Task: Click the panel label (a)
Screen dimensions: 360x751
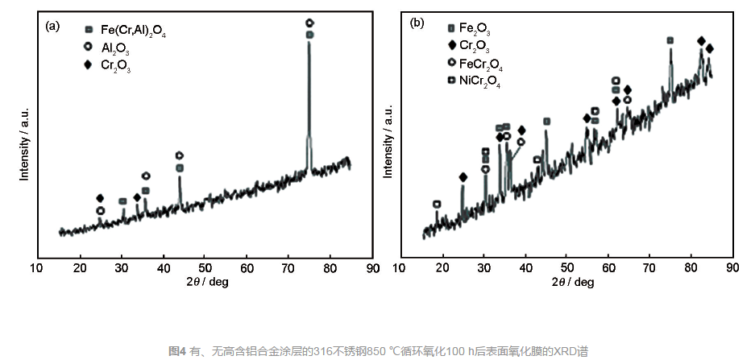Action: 52,25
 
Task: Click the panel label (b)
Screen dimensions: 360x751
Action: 417,22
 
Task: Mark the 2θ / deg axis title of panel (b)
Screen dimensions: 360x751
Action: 573,282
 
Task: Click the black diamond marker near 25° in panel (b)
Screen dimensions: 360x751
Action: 463,177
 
